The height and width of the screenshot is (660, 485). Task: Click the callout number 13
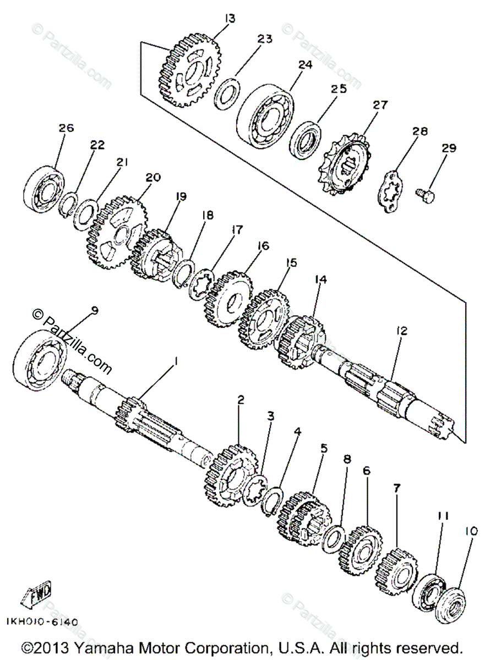[230, 19]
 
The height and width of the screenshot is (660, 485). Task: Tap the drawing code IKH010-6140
[42, 622]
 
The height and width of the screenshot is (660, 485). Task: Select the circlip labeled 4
[274, 496]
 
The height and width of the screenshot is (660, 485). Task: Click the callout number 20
[153, 178]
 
